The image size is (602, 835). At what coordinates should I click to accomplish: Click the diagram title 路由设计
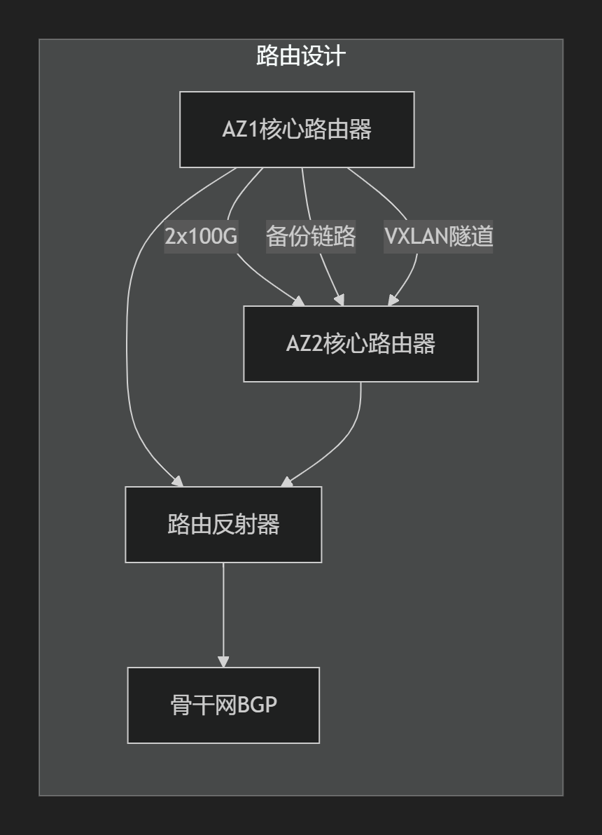pyautogui.click(x=301, y=57)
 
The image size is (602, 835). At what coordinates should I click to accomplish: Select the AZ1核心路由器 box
pyautogui.click(x=297, y=130)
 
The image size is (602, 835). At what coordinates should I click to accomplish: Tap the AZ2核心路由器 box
pyautogui.click(x=360, y=344)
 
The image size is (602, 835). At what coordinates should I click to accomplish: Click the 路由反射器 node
pyautogui.click(x=223, y=525)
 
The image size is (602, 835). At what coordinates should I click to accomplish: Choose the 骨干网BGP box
pyautogui.click(x=223, y=705)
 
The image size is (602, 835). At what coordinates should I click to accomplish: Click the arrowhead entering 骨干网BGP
pyautogui.click(x=223, y=661)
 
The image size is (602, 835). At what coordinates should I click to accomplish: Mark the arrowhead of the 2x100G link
pyautogui.click(x=300, y=302)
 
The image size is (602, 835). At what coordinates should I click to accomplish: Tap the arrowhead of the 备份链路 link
pyautogui.click(x=339, y=301)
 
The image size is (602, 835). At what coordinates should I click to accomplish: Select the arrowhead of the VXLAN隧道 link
pyautogui.click(x=392, y=301)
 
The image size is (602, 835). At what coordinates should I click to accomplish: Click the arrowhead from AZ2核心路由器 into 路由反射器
pyautogui.click(x=286, y=481)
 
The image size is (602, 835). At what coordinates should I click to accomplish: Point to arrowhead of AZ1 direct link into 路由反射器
pyautogui.click(x=178, y=481)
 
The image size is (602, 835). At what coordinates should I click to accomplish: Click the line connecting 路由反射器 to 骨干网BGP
pyautogui.click(x=223, y=609)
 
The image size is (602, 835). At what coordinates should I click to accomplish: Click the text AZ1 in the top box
pyautogui.click(x=240, y=130)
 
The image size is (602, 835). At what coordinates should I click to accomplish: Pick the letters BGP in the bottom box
pyautogui.click(x=257, y=705)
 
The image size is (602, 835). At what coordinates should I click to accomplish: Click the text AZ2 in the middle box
pyautogui.click(x=304, y=345)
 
